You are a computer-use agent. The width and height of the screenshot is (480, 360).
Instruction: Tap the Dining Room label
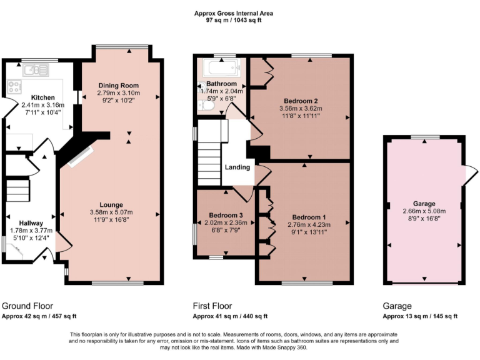(118, 85)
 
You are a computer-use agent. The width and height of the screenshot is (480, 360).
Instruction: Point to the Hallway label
(30, 222)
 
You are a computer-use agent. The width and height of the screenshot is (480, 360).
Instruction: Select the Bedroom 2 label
(301, 100)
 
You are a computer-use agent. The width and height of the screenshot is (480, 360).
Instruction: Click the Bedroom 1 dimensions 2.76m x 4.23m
(308, 224)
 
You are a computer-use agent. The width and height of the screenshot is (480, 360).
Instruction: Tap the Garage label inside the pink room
(425, 203)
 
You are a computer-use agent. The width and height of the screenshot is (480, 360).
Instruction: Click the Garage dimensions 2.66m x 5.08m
(425, 211)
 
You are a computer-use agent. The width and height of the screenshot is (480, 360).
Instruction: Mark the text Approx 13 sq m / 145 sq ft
(419, 316)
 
